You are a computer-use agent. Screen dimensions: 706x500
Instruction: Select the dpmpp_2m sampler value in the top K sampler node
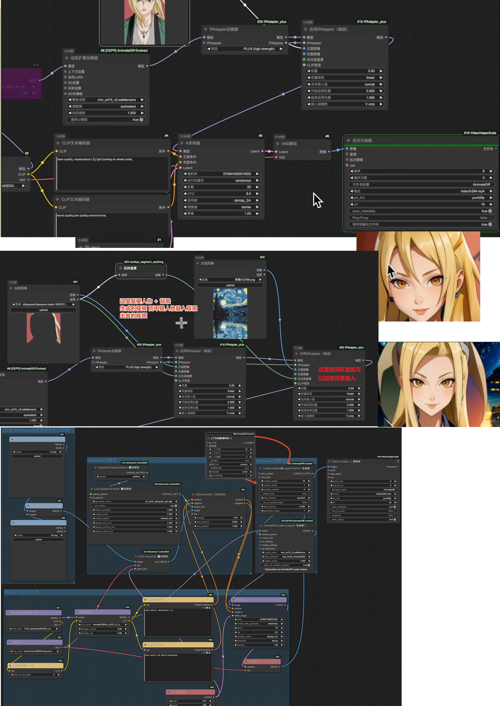click(x=242, y=200)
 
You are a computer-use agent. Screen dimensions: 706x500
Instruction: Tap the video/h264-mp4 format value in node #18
click(x=472, y=191)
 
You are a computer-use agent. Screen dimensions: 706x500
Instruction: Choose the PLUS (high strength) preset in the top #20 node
click(x=259, y=49)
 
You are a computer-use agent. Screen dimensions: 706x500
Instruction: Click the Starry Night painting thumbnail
click(x=230, y=314)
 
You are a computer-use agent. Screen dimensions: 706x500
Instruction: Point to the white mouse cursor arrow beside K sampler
click(x=317, y=200)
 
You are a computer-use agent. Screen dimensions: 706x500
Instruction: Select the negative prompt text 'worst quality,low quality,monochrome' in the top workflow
click(x=82, y=216)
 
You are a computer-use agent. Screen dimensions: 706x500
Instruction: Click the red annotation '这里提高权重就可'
click(x=339, y=370)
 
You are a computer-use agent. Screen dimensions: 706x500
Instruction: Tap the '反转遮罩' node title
click(x=130, y=268)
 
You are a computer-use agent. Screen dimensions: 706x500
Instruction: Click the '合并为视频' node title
click(x=362, y=140)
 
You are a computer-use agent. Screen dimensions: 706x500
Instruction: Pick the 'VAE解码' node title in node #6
click(x=289, y=144)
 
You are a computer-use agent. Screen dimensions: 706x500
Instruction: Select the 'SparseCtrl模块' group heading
click(x=102, y=460)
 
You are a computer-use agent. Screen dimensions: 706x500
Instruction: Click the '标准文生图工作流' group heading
click(x=22, y=592)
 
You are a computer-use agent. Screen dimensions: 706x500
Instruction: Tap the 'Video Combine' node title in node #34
click(x=340, y=461)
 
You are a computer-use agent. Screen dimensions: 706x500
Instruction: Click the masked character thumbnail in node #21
click(x=43, y=328)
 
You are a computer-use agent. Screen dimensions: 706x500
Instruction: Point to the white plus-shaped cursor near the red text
click(x=181, y=323)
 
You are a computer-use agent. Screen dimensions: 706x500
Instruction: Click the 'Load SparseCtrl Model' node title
click(x=107, y=489)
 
